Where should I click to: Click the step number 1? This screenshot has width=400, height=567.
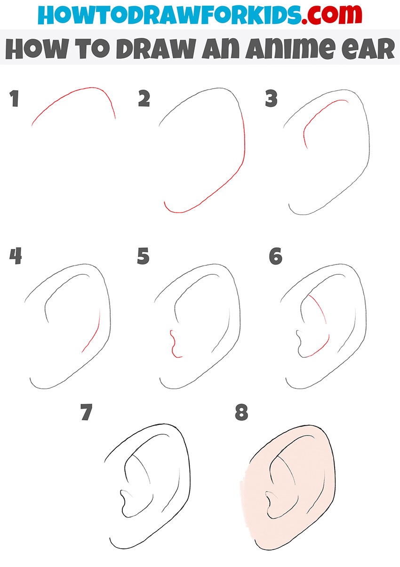point(14,99)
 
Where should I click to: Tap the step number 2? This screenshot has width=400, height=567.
point(144,98)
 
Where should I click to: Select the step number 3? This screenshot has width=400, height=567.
point(271,98)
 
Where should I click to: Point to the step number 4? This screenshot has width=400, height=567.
point(16,256)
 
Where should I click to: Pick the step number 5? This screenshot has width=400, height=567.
point(143,256)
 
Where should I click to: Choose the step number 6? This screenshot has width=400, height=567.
point(276,256)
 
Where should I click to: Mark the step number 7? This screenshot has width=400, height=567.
point(87,412)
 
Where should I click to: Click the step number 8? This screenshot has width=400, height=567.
point(241,412)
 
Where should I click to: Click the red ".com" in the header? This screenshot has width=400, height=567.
point(331,14)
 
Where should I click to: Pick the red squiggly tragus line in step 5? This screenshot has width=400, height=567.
point(173,344)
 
